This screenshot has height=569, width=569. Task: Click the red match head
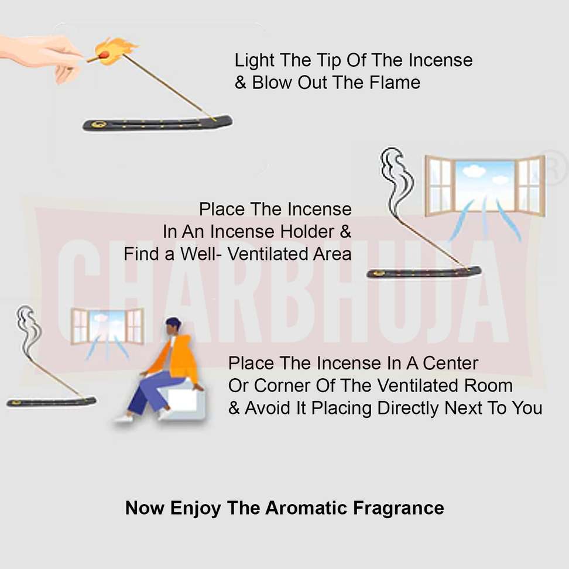(104, 56)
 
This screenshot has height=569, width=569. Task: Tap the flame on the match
(115, 51)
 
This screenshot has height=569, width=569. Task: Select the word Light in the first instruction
(254, 61)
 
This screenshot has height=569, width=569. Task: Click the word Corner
(282, 385)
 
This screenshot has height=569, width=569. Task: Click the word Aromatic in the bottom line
(306, 508)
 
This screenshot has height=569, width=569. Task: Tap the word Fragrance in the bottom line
(399, 508)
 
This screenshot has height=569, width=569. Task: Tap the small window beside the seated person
(107, 326)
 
